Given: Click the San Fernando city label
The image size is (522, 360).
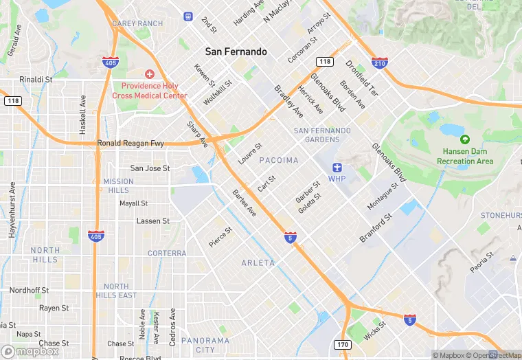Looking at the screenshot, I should pyautogui.click(x=236, y=52).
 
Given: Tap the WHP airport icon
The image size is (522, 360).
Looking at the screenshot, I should pyautogui.click(x=337, y=168).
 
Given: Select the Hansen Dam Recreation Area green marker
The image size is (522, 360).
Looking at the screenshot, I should pyautogui.click(x=464, y=139).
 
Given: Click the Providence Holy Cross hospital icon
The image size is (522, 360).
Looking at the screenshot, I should pyautogui.click(x=150, y=74).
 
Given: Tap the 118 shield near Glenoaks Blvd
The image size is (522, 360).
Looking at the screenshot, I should pyautogui.click(x=325, y=63).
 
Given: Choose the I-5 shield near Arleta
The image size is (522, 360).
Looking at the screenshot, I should pyautogui.click(x=290, y=238).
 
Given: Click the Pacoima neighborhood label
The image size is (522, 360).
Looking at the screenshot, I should pyautogui.click(x=279, y=160).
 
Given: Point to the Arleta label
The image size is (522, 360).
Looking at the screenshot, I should pyautogui.click(x=258, y=263).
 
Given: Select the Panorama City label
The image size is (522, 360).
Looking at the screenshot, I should pyautogui.click(x=205, y=345).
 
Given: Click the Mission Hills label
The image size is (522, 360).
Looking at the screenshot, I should pyautogui.click(x=118, y=185).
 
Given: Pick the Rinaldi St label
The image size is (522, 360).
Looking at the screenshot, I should pyautogui.click(x=36, y=80).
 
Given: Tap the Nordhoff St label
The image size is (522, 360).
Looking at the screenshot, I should pyautogui.click(x=29, y=291).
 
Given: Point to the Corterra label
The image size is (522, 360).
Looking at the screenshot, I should pyautogui.click(x=166, y=253).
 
